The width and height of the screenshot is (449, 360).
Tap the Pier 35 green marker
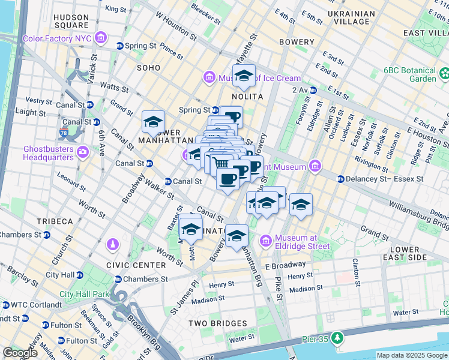pos(338,339)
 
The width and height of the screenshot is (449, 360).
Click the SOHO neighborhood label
pos(148,68)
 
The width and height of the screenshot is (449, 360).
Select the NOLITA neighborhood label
pos(248,96)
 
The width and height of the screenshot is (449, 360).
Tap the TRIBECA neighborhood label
pos(54,221)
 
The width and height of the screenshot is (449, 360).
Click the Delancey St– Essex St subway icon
pos(341,179)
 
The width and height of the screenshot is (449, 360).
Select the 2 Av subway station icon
pos(312,90)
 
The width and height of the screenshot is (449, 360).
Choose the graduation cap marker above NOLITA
pos(244,76)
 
